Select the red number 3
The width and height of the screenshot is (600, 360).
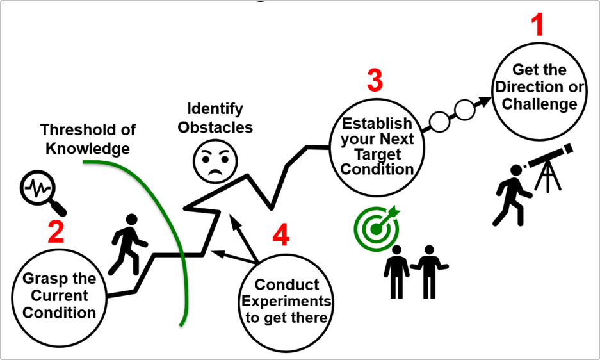(x=375, y=81)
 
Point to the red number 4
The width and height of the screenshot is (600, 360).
(x=280, y=236)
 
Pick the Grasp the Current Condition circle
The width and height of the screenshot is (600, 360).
(x=60, y=295)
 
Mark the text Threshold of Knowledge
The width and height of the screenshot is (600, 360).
(x=87, y=139)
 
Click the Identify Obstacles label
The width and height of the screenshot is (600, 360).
(x=215, y=118)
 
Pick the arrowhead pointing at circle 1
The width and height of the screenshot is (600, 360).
(x=482, y=102)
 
